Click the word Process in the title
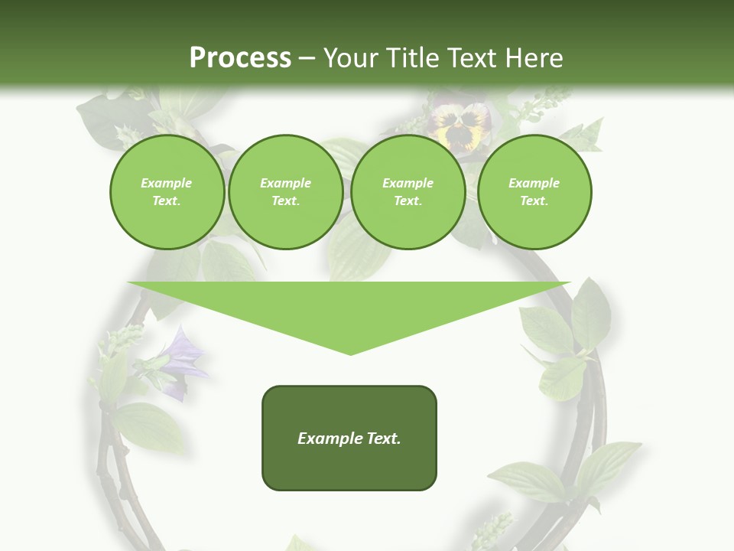240,58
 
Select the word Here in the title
534,58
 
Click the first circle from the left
167,192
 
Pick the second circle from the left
285,192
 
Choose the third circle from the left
408,192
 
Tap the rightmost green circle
534,192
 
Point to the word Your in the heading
349,58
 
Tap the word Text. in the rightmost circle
534,201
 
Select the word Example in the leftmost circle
167,183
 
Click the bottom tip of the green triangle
350,353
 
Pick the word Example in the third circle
408,183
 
